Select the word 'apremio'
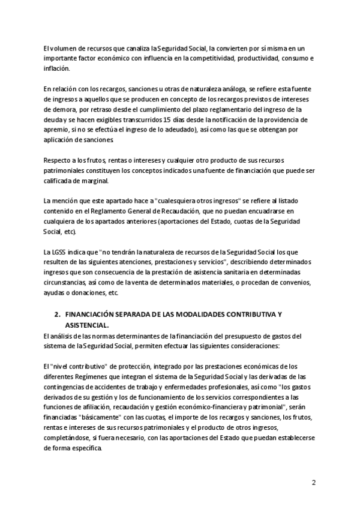pyautogui.click(x=57, y=131)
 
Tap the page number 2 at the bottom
pyautogui.click(x=313, y=483)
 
